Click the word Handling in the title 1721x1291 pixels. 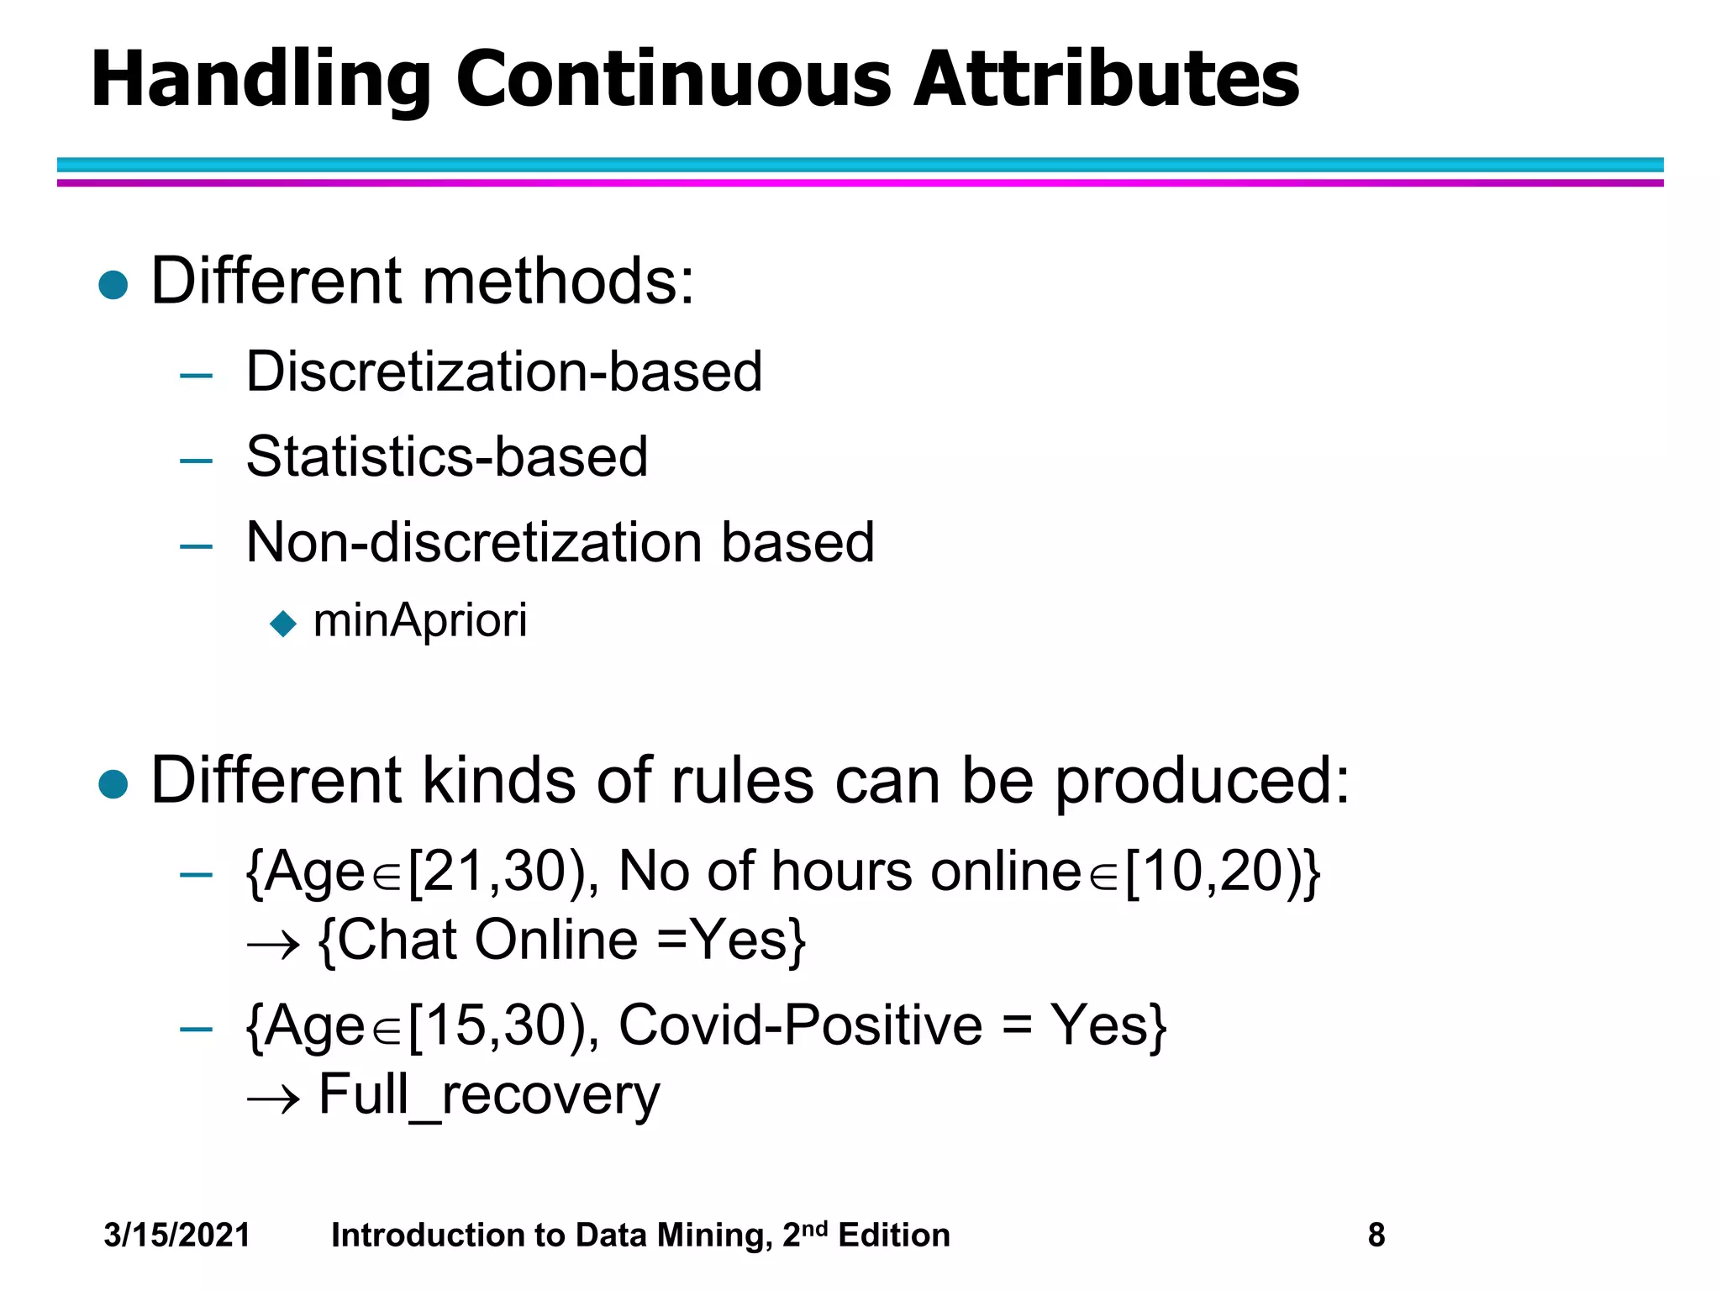pos(261,80)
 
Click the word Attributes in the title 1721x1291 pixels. pos(1106,80)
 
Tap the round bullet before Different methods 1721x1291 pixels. pos(113,285)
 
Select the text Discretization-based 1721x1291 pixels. pos(504,371)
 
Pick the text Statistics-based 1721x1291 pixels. pos(447,457)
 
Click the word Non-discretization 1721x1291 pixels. pos(474,542)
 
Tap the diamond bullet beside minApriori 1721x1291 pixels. pos(284,624)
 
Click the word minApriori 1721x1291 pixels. pos(420,620)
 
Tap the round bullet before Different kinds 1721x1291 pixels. pos(113,784)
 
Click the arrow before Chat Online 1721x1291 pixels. pos(273,946)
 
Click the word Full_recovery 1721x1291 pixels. pos(489,1095)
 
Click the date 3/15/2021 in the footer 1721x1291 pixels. pos(177,1236)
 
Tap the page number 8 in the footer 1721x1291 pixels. pos(1376,1236)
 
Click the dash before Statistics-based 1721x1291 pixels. pos(196,461)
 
